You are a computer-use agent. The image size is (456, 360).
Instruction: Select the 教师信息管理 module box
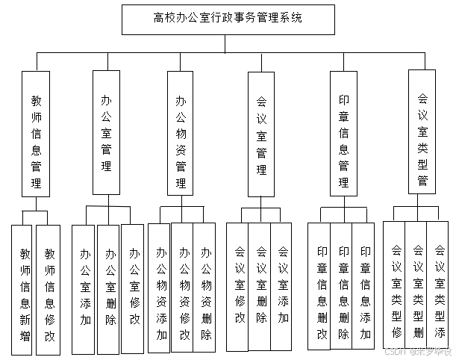pyautogui.click(x=36, y=134)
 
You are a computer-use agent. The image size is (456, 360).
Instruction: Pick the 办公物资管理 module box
pyautogui.click(x=181, y=134)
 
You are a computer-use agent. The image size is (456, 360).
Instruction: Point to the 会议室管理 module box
pyautogui.click(x=261, y=134)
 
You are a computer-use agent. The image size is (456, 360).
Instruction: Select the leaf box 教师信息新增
pyautogui.click(x=25, y=288)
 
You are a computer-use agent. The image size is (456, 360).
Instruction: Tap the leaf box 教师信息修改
pyautogui.click(x=49, y=288)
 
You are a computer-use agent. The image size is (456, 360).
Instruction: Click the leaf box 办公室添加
pyautogui.click(x=85, y=288)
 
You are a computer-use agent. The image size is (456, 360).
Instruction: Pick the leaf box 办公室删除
pyautogui.click(x=109, y=288)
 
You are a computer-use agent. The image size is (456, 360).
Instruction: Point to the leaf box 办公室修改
pyautogui.click(x=133, y=288)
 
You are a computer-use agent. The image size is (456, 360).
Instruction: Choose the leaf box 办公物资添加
pyautogui.click(x=160, y=288)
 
